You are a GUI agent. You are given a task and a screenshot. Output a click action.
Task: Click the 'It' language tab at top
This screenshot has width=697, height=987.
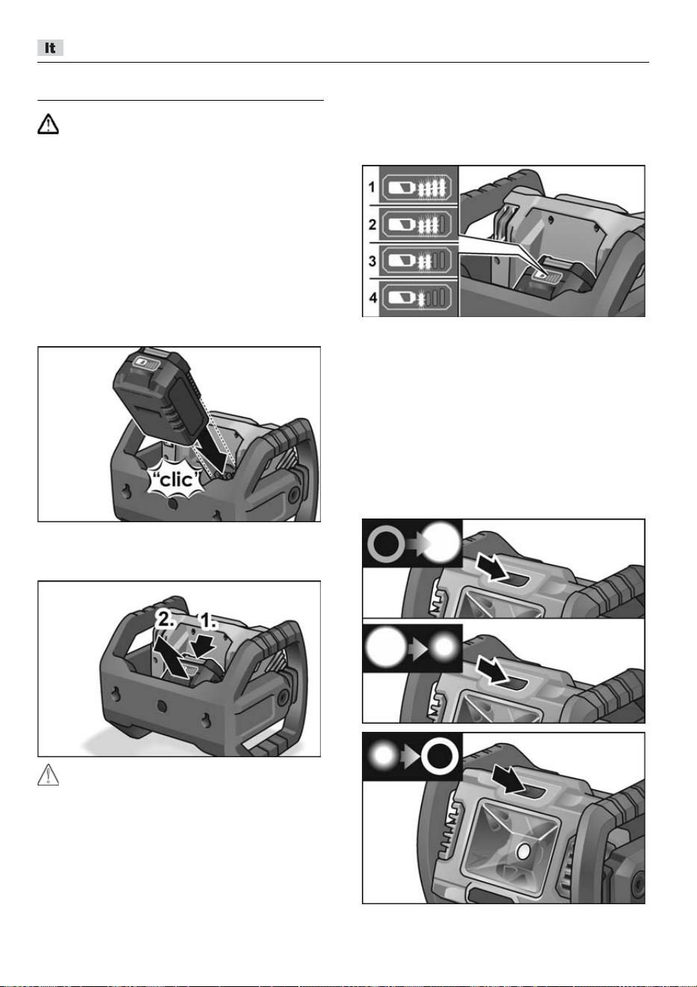[x=50, y=48]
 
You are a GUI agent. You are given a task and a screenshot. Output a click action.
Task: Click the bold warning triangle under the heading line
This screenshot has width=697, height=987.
[x=48, y=124]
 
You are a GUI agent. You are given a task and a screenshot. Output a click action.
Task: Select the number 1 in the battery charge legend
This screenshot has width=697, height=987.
[x=372, y=187]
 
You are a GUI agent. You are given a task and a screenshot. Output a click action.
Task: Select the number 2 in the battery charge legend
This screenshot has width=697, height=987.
[x=372, y=225]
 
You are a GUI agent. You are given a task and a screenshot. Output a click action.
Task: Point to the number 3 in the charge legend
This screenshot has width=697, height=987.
[x=372, y=261]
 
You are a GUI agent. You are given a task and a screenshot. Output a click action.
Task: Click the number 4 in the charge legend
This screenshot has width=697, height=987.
[x=373, y=298]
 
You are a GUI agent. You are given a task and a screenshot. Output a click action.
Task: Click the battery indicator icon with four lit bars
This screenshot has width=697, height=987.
[x=416, y=188]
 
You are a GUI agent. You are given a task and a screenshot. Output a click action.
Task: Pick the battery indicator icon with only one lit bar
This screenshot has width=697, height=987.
[x=416, y=298]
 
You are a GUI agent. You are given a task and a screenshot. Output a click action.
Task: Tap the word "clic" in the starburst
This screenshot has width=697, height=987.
[x=177, y=480]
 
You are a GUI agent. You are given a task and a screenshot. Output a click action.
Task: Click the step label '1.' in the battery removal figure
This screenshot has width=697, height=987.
[x=208, y=621]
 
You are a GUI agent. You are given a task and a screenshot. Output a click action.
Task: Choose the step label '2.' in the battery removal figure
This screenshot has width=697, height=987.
[x=165, y=620]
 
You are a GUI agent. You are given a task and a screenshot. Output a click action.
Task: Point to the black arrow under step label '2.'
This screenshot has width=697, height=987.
[x=174, y=655]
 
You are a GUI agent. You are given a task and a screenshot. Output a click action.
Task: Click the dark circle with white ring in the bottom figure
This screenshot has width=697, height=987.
[x=439, y=756]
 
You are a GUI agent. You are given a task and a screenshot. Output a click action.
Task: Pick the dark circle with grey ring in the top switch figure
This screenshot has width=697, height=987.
[x=387, y=544]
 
